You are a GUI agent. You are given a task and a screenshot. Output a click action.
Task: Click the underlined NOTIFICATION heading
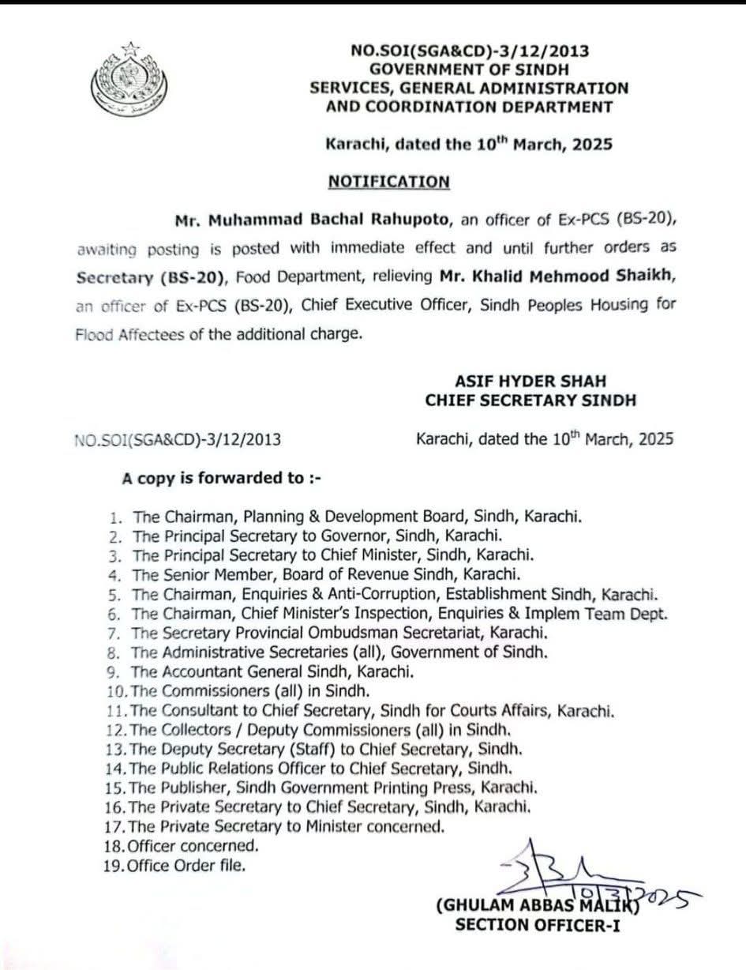pyautogui.click(x=388, y=181)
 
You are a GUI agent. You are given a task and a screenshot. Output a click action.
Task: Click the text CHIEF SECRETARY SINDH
pyautogui.click(x=530, y=400)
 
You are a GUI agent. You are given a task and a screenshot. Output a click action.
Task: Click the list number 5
pyautogui.click(x=114, y=594)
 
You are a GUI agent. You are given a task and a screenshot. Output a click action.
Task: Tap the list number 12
pyautogui.click(x=118, y=729)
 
